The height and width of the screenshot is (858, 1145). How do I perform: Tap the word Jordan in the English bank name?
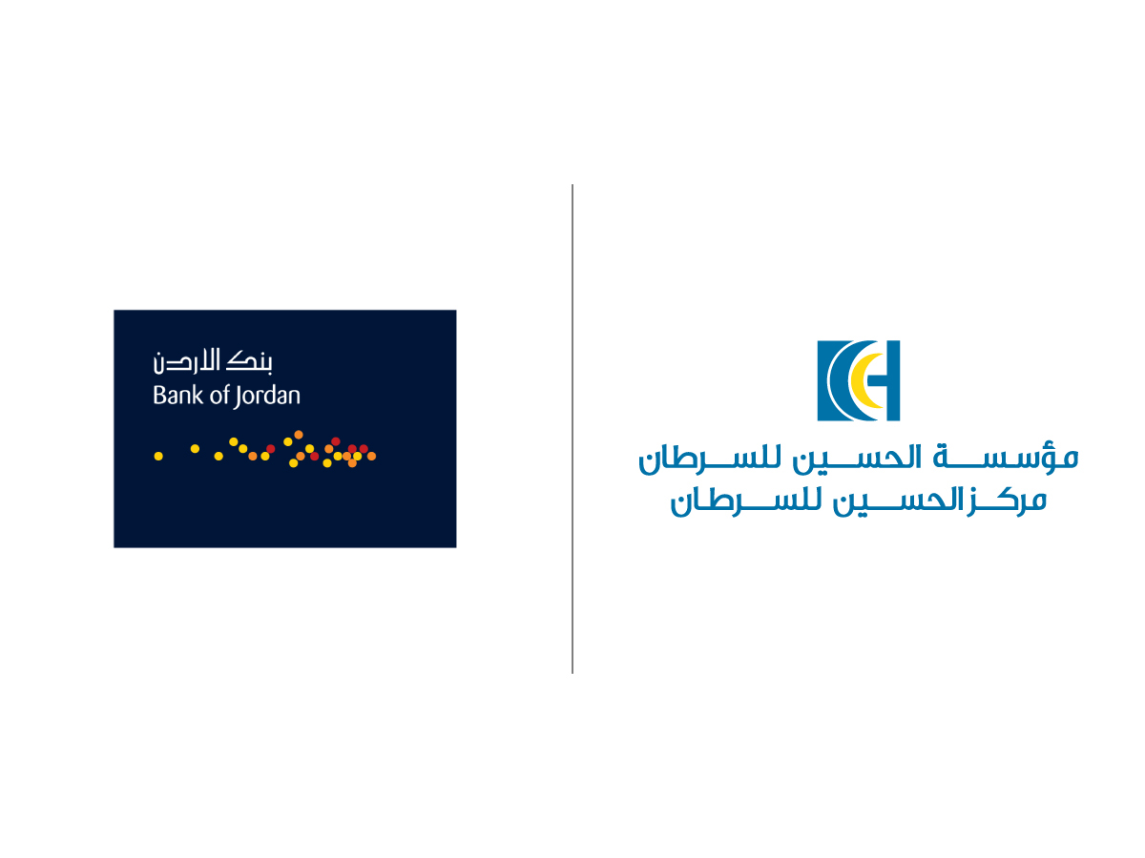(x=266, y=397)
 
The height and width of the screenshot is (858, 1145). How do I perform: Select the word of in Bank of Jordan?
(x=219, y=395)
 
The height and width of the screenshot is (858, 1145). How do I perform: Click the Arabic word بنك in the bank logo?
(x=249, y=361)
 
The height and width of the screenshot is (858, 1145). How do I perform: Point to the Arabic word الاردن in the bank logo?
(x=186, y=361)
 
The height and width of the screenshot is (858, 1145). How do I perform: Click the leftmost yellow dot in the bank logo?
(x=158, y=456)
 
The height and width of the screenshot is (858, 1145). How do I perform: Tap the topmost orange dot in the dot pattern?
(x=299, y=435)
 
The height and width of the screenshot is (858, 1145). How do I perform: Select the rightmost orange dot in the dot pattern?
(x=371, y=456)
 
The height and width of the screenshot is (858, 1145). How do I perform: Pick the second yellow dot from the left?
(x=195, y=448)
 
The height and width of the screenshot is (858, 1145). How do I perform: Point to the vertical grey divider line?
(x=572, y=429)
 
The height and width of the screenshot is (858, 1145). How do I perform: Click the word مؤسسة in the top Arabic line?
(x=1005, y=458)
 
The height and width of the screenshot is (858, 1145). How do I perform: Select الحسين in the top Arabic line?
(x=857, y=458)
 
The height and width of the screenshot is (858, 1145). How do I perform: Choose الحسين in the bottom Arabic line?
(x=897, y=500)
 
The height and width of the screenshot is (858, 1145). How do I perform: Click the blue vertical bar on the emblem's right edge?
(x=893, y=380)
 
